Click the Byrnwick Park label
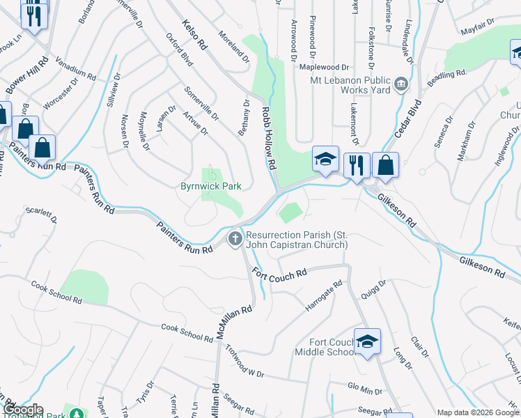point(210,187)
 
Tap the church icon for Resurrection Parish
point(235,240)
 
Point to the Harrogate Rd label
point(324,296)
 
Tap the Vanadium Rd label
point(75,68)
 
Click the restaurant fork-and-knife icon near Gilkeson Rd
point(357,166)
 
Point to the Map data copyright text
point(478,412)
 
